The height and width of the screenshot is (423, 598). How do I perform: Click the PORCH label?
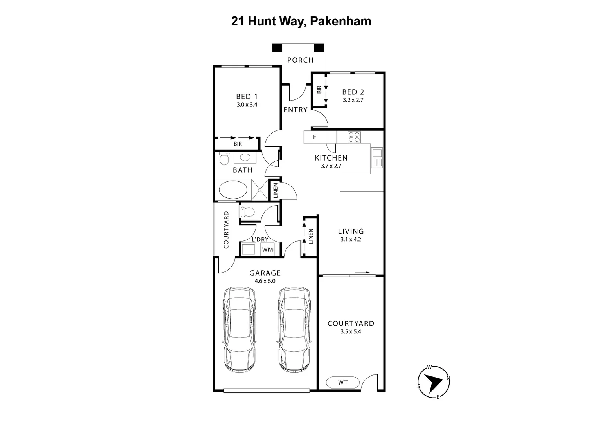(x=300, y=60)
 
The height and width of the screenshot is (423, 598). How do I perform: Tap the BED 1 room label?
(x=247, y=96)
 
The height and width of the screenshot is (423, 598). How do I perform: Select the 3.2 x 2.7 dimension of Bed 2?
(x=353, y=100)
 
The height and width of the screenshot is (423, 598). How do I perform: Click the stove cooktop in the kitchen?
(x=354, y=137)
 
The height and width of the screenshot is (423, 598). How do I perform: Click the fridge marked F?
(x=315, y=137)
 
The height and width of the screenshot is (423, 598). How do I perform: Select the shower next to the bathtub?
(x=259, y=190)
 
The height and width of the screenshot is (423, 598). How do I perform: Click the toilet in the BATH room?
(x=224, y=158)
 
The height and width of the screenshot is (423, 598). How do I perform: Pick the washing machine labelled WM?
(x=268, y=249)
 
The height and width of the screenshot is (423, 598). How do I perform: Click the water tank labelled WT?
(x=343, y=383)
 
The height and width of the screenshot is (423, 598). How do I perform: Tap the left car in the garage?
(x=240, y=330)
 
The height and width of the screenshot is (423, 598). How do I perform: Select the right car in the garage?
(x=294, y=330)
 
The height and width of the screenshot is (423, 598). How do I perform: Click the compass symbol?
(x=434, y=382)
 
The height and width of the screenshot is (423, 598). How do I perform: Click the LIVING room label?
(x=351, y=231)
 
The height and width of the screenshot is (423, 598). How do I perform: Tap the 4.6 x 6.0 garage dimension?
(x=265, y=281)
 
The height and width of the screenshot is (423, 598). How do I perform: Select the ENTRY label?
(x=295, y=110)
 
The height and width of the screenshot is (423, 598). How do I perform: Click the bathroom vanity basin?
(x=245, y=157)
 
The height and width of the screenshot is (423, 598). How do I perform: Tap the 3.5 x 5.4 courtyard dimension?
(x=351, y=332)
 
